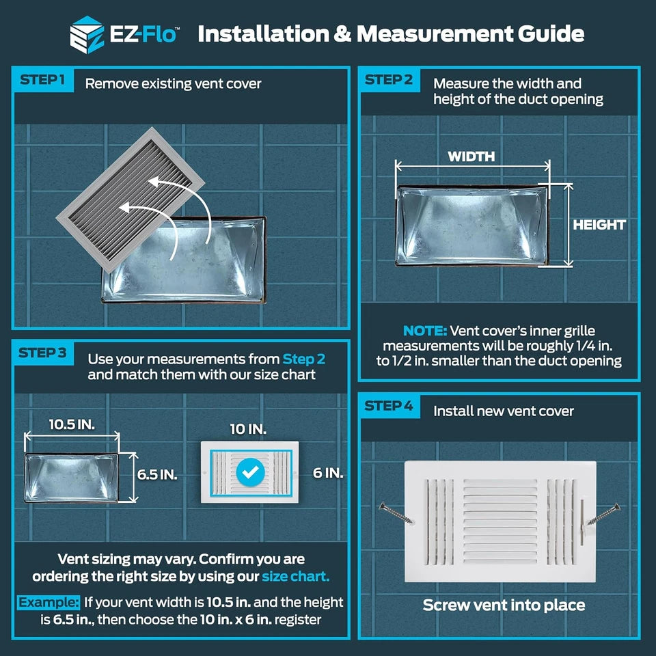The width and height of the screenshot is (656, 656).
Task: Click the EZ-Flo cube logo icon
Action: pos(87,35)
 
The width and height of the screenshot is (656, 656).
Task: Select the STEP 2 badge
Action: pos(389,79)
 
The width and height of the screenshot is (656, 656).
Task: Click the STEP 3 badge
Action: pos(42,353)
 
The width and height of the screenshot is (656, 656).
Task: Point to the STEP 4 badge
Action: pos(389,406)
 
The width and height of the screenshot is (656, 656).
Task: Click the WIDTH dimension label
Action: pos(471,156)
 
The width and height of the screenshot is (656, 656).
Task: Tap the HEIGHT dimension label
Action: pos(599,225)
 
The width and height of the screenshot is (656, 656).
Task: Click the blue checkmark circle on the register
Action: pos(250,472)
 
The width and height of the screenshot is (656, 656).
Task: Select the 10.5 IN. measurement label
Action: pos(72,424)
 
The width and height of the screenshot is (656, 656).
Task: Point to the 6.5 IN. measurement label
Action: pos(157,475)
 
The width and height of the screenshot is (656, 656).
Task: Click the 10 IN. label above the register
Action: pos(248,429)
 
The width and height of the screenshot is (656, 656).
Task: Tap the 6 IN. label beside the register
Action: pos(328,473)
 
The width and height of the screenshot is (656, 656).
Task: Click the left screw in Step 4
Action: pos(396,513)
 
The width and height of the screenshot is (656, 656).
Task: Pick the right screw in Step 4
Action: pos(603,514)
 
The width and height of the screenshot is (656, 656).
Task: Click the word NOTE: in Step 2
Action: pos(425,331)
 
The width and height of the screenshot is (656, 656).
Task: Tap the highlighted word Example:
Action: pos(49,603)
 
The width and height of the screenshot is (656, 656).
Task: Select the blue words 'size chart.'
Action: pos(296,577)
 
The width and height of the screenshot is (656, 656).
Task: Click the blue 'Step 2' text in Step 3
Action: pos(303,359)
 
